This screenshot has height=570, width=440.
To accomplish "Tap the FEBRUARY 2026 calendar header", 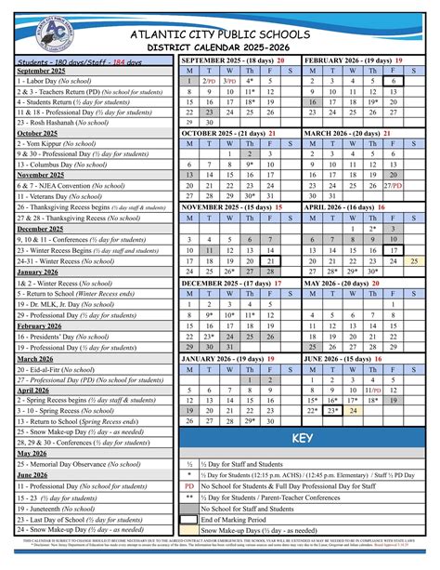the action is pos(363,60).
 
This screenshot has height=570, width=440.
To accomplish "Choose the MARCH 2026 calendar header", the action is pos(363,133).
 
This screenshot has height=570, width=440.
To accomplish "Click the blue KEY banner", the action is pos(303,438).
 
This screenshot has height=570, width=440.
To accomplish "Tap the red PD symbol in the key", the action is pos(189,485).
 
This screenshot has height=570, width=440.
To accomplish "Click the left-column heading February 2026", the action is pos(38,326).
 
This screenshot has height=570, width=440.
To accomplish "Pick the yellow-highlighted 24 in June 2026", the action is pos(354,409).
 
